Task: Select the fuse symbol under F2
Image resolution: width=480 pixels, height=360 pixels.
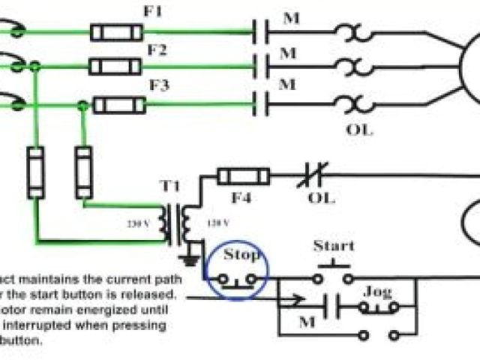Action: pos(115,67)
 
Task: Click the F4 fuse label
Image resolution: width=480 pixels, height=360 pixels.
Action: pos(240,199)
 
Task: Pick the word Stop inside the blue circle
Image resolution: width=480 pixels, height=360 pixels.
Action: pos(241,254)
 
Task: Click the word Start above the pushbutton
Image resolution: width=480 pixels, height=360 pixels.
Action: pos(334,246)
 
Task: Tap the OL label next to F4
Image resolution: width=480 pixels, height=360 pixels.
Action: pos(322,199)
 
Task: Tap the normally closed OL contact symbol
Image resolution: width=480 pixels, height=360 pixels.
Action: pos(315,178)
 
